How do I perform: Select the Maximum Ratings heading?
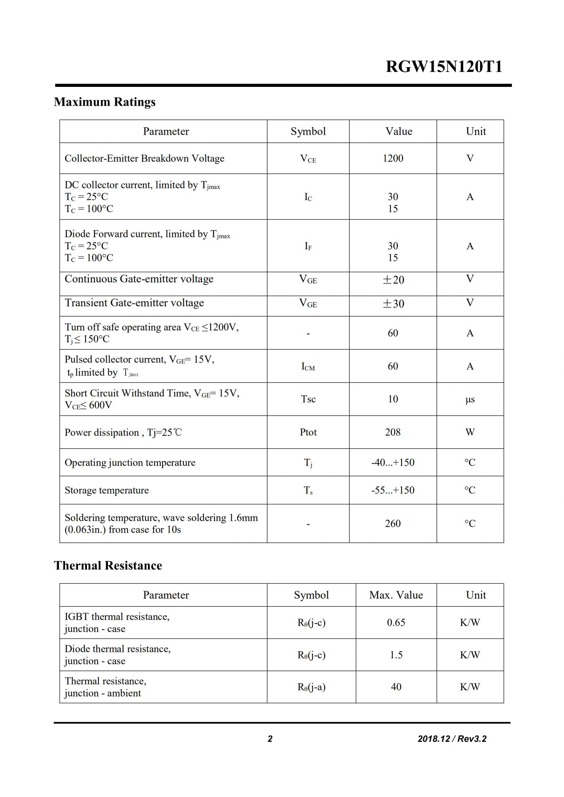(105, 102)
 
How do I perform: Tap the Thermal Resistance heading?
(108, 565)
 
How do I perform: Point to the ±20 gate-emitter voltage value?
(393, 280)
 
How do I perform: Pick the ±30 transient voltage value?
(393, 304)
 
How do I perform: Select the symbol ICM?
(308, 366)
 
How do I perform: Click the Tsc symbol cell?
(308, 399)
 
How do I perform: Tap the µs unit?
(470, 399)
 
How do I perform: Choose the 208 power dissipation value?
(393, 432)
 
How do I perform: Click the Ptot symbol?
(308, 432)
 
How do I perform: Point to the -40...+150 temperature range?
(393, 462)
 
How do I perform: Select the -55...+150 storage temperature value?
(393, 490)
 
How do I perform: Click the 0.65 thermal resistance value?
(396, 622)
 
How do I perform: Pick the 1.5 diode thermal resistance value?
(396, 655)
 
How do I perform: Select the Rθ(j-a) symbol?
(311, 687)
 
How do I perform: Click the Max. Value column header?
(396, 595)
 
